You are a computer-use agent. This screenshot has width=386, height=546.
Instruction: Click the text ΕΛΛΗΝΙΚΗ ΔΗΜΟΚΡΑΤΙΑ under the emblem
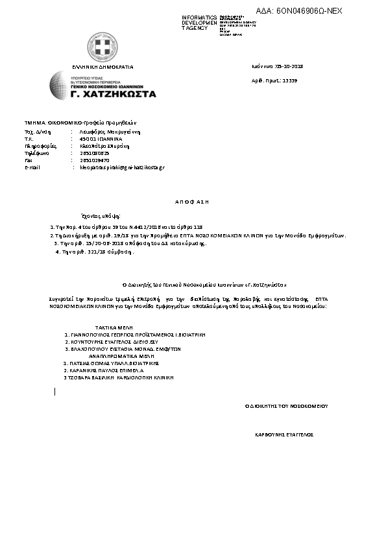[x=103, y=67]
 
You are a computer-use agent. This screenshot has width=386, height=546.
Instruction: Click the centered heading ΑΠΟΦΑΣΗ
[x=192, y=202]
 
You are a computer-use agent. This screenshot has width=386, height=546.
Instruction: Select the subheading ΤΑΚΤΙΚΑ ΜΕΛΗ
[x=115, y=329]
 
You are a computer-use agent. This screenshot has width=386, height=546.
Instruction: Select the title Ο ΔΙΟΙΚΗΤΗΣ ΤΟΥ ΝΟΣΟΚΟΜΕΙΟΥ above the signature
[x=286, y=405]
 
